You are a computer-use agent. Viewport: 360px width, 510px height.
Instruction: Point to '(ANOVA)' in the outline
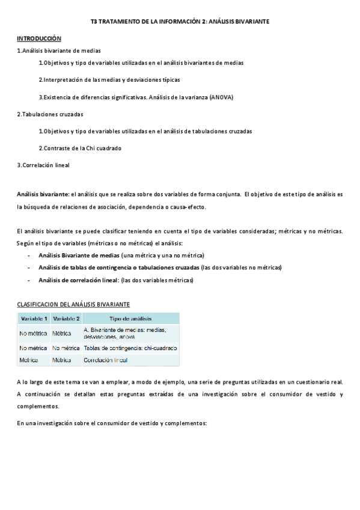[x=221, y=97]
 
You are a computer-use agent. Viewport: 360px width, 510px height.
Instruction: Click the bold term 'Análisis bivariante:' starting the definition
[x=43, y=194]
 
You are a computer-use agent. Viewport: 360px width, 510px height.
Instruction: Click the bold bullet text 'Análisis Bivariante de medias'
[x=79, y=255]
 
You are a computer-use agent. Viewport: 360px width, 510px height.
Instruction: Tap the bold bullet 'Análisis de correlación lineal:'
[x=78, y=280]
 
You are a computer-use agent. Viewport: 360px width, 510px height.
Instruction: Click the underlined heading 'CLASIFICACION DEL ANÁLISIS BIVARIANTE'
[x=73, y=304]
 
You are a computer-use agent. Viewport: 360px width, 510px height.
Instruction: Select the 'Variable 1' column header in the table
[x=34, y=318]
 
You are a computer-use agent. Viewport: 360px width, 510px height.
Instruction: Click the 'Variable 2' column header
[x=66, y=318]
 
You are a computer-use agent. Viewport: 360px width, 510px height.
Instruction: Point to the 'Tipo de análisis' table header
[x=130, y=318]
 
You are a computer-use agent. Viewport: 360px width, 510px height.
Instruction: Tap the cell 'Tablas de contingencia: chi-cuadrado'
[x=130, y=348]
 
